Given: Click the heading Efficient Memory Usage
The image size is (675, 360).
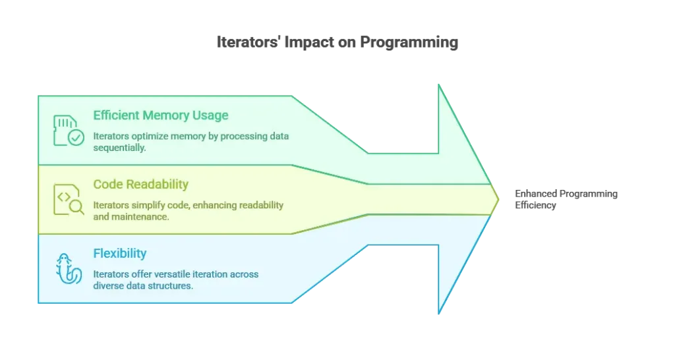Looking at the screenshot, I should coord(161,115).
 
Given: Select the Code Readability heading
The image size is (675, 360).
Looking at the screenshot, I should coord(141,184).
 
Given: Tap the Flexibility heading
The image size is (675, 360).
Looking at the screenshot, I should coord(120,253).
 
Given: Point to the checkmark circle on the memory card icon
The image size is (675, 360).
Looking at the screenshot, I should coord(77,138).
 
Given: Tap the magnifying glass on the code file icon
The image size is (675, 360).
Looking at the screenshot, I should coord(77,207).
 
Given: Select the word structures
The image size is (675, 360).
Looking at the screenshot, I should coord(173,285).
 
